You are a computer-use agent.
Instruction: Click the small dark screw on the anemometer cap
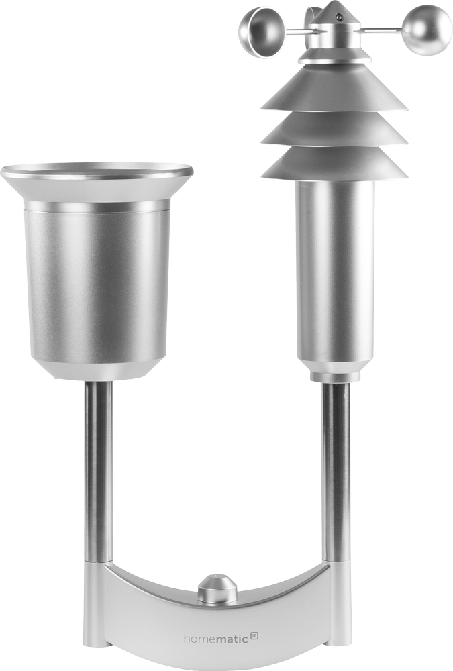339,17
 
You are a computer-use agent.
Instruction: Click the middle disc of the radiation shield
334,131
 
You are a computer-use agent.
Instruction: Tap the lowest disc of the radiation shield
334,165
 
